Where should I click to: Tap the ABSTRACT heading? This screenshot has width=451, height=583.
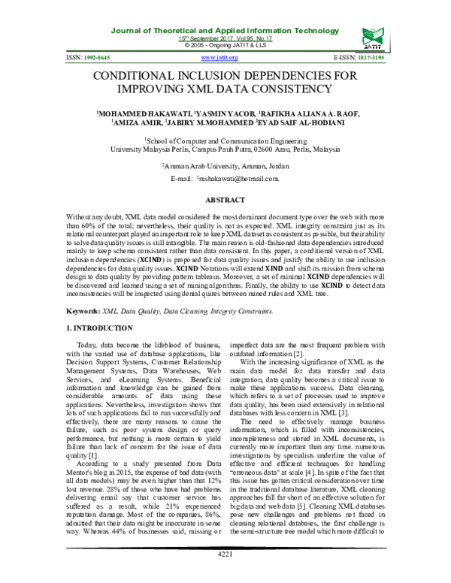(x=225, y=200)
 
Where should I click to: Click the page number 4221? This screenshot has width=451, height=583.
(x=225, y=575)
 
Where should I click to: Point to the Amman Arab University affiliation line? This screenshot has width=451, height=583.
(x=225, y=165)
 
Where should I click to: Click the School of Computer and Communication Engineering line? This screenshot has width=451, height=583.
(x=225, y=140)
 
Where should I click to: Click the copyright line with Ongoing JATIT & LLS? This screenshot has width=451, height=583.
(x=225, y=44)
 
